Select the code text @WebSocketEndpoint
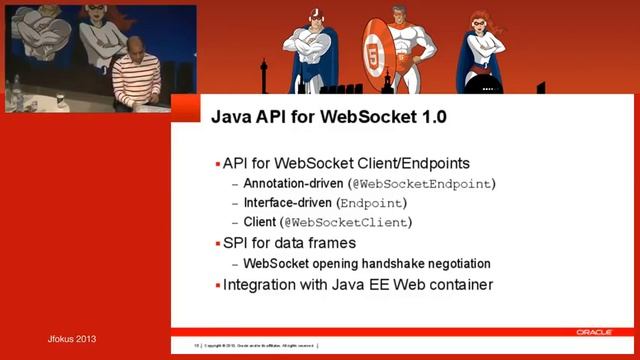(x=421, y=183)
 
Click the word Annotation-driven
(x=294, y=183)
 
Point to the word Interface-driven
(x=288, y=202)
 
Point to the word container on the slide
(x=458, y=286)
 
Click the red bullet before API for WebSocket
(x=217, y=164)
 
